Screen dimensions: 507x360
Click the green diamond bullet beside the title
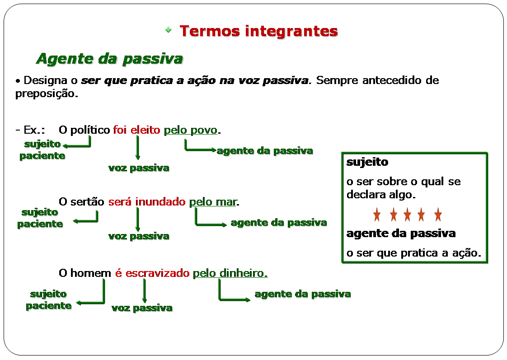coord(169,30)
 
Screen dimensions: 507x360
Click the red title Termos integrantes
coord(258,31)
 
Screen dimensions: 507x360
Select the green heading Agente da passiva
coord(110,59)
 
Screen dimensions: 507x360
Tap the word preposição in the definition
coord(47,94)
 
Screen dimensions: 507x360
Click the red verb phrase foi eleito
coord(136,130)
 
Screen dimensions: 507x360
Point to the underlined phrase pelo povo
coord(190,130)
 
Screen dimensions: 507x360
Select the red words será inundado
coord(147,201)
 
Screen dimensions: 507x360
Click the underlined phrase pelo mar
coord(213,202)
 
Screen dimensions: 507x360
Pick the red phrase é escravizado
coord(152,273)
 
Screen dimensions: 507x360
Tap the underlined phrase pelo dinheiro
coord(230,273)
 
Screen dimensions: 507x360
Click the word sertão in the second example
coord(87,201)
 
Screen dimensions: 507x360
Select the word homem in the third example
coord(91,273)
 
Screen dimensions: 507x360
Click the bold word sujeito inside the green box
coord(367,162)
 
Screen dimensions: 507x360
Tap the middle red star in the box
coord(408,215)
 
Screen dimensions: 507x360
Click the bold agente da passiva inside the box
coord(401,234)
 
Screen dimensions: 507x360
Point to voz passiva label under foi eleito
coord(139,168)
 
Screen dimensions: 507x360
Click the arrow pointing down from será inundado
coord(138,220)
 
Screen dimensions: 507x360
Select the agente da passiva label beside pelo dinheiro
coord(303,294)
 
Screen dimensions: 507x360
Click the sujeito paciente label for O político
coord(42,150)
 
